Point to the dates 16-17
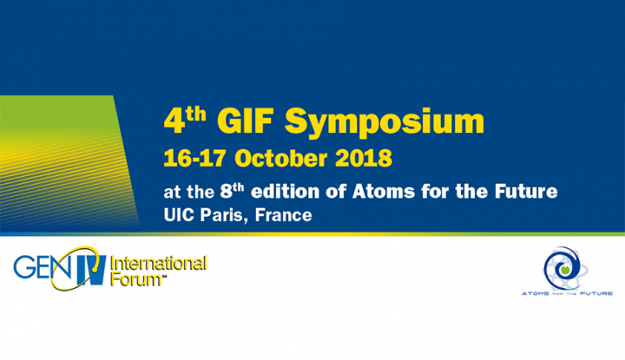(x=195, y=159)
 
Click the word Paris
(x=218, y=214)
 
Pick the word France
(x=280, y=214)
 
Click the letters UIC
(x=177, y=214)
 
